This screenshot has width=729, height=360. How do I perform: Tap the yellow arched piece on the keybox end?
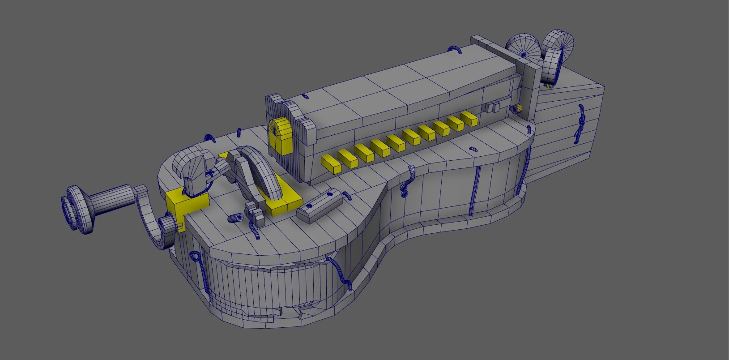(x=280, y=136)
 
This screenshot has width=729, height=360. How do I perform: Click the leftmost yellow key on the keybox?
(x=332, y=163)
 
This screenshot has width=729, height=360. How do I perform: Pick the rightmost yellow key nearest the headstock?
(x=469, y=119)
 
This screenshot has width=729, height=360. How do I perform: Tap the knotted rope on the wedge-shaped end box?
(x=580, y=123)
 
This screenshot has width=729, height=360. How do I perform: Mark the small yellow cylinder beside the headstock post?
(x=518, y=108)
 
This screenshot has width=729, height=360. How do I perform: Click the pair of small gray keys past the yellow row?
(x=492, y=107)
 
